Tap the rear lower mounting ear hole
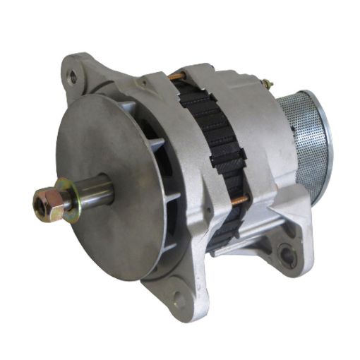coord(287,254)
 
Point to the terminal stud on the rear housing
coord(267,85)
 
